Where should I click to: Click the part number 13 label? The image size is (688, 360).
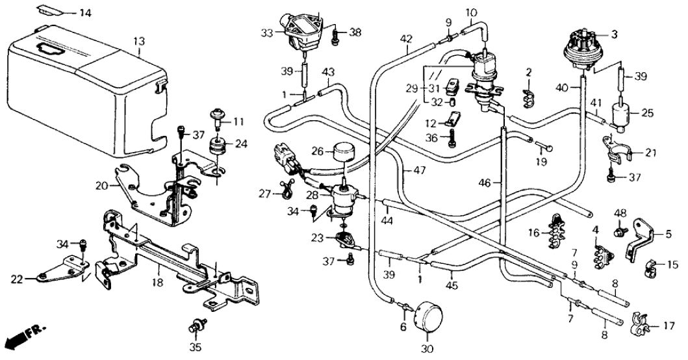137,42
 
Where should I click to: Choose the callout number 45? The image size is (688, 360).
452,283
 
